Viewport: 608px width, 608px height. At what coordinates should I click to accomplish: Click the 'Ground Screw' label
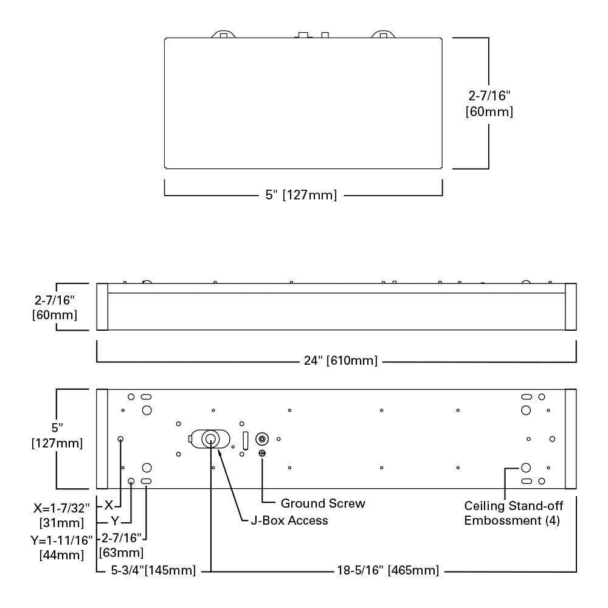point(323,503)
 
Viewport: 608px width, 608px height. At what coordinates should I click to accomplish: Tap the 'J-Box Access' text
point(289,520)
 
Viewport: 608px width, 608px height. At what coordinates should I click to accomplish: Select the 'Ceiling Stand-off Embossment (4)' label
point(513,513)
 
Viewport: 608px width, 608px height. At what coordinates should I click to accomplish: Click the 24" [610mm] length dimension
point(340,361)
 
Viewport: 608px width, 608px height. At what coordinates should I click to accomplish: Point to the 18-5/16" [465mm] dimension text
point(388,570)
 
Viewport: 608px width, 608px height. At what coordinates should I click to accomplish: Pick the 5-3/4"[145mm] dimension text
point(154,570)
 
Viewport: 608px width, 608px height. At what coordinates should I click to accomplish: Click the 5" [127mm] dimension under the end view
point(302,195)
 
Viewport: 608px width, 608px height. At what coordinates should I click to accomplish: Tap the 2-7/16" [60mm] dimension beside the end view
point(489,103)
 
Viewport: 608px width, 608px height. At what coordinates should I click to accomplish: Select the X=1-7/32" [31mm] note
point(61,515)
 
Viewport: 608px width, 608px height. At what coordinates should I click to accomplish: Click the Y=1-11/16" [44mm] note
point(61,547)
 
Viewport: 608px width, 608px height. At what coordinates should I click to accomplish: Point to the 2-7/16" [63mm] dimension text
point(122,545)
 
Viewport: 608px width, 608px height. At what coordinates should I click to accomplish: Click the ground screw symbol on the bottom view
point(262,453)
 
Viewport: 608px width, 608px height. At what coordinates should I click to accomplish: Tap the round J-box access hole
point(210,439)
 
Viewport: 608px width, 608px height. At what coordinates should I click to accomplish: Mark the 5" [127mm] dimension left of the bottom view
point(57,435)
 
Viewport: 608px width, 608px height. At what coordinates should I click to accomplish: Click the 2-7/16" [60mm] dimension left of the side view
point(54,307)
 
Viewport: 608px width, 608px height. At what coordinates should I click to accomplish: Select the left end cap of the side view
point(102,306)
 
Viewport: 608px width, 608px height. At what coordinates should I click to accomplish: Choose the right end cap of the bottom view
point(571,439)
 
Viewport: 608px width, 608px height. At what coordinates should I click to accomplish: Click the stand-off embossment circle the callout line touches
point(526,468)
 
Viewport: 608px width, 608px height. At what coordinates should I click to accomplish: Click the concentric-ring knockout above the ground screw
point(262,439)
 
